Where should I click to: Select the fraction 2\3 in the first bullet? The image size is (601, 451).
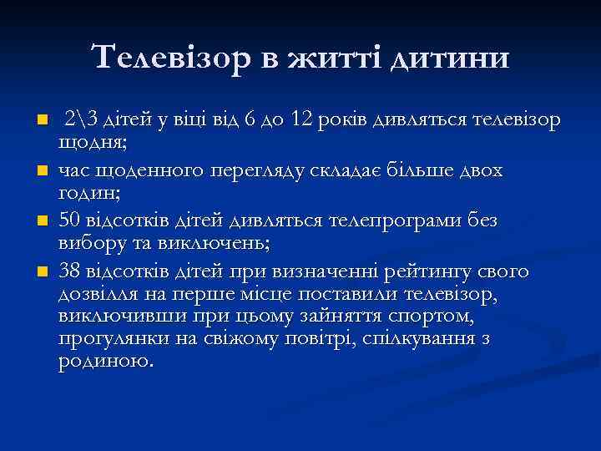click(x=81, y=119)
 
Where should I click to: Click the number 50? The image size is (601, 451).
click(x=70, y=220)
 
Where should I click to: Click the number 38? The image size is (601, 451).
click(x=70, y=271)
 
